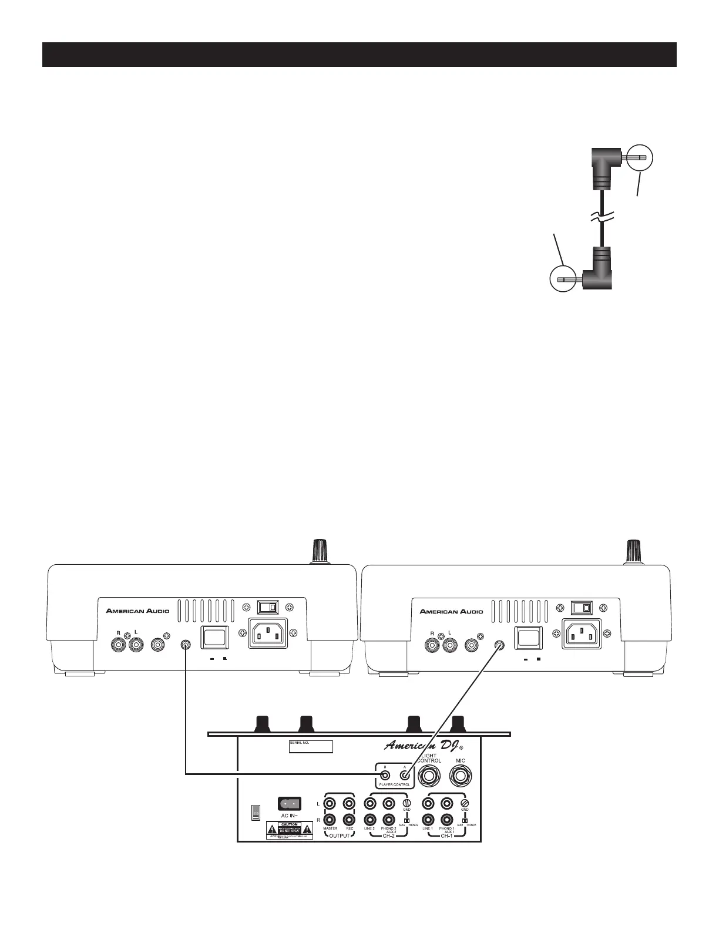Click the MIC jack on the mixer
tap(461, 776)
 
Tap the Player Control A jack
tap(404, 774)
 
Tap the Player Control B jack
tap(385, 774)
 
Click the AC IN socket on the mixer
tap(288, 803)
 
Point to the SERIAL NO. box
tap(311, 746)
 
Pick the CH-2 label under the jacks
tap(389, 836)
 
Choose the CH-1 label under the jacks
tap(447, 836)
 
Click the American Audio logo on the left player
tap(137, 611)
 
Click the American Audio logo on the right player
tap(451, 611)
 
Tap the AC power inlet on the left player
tap(268, 634)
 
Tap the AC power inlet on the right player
tap(582, 634)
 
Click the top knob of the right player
tap(633, 550)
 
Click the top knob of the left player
tap(320, 550)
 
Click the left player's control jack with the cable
tap(186, 645)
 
